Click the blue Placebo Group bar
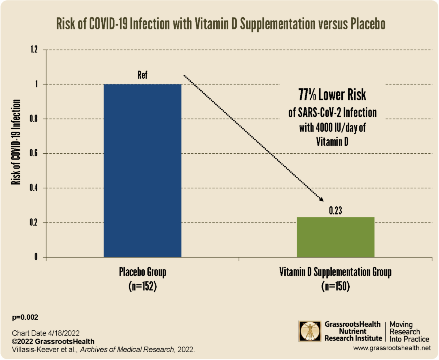pyautogui.click(x=143, y=170)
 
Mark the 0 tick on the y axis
pyautogui.click(x=36, y=257)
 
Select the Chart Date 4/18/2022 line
pyautogui.click(x=46, y=334)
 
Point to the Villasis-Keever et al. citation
pyautogui.click(x=103, y=350)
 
